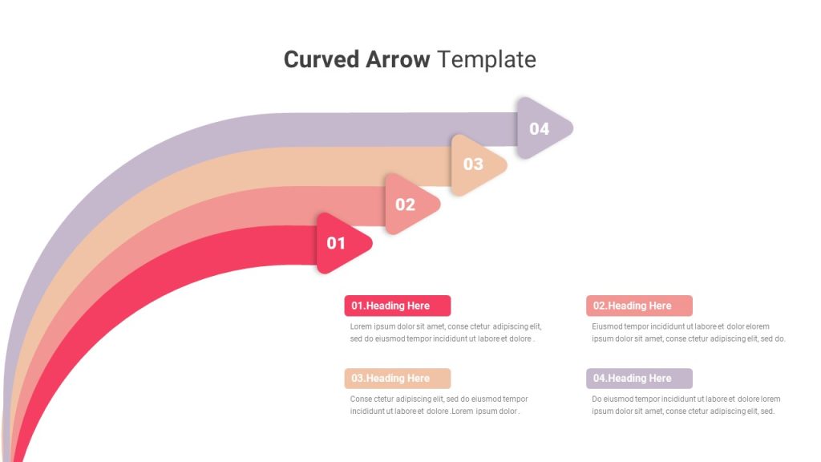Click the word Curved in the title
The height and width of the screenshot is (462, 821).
click(322, 59)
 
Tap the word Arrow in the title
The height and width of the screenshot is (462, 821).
click(398, 59)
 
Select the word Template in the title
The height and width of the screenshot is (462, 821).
click(487, 59)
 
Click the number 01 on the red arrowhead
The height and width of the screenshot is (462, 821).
click(336, 243)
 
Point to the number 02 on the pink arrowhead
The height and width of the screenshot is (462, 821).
click(405, 205)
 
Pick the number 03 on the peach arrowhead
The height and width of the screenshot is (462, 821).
click(473, 164)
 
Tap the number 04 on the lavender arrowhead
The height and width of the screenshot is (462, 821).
click(540, 129)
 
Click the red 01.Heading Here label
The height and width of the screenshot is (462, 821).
click(398, 306)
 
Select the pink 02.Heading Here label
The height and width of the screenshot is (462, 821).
click(639, 306)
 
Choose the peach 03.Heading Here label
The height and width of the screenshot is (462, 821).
click(398, 379)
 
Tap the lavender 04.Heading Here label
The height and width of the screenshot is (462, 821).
click(639, 379)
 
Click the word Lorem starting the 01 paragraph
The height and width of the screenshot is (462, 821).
click(361, 326)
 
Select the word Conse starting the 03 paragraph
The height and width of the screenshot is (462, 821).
click(361, 399)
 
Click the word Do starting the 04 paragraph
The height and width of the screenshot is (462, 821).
click(597, 399)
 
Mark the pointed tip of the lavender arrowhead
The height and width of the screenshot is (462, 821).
click(572, 128)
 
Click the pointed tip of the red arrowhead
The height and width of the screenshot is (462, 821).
click(372, 243)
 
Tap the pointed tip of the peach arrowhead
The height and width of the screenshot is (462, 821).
click(507, 165)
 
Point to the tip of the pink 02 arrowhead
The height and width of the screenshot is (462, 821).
click(440, 205)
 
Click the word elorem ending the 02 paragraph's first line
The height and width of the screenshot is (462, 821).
click(757, 326)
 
